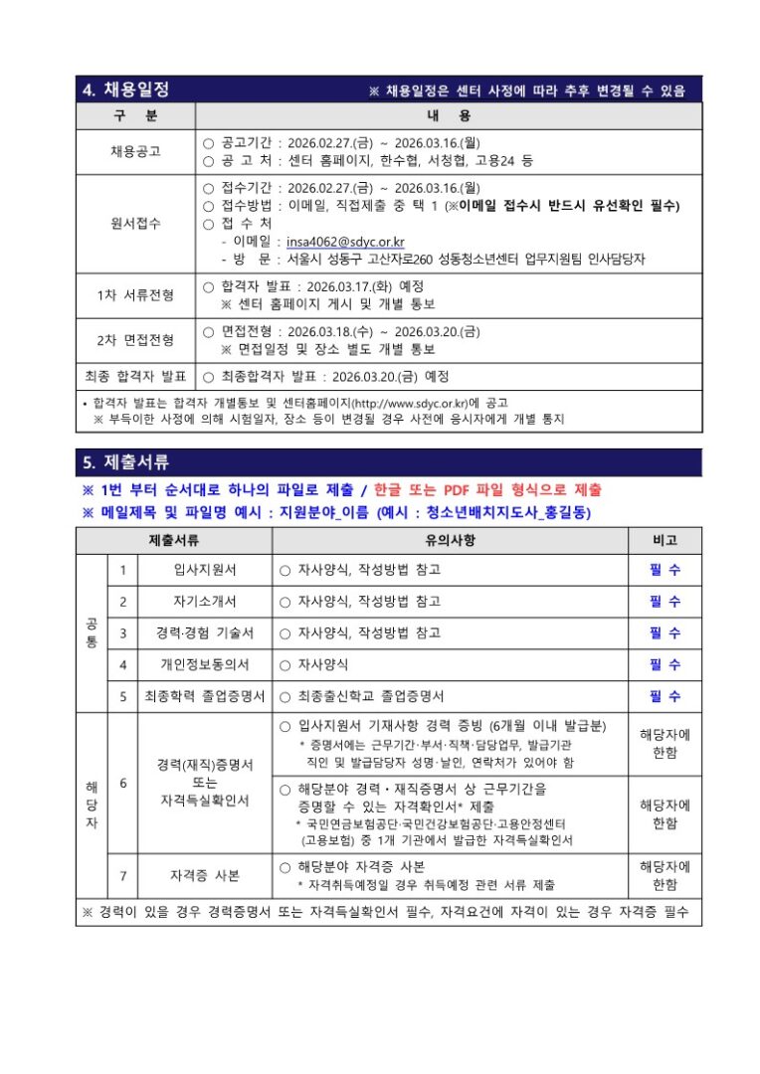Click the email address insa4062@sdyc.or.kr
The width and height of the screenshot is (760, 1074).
345,241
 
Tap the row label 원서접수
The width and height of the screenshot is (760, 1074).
135,223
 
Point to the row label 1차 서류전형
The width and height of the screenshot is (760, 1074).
135,295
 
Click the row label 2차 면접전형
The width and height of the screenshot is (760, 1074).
135,340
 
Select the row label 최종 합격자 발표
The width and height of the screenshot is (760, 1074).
135,377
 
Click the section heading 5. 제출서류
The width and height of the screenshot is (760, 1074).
125,462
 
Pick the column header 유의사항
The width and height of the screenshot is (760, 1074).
450,540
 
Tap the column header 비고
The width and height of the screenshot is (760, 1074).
665,540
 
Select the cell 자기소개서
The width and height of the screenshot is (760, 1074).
205,602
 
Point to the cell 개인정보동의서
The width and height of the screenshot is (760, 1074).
205,664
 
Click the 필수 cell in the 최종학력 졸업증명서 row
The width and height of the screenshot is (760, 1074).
665,696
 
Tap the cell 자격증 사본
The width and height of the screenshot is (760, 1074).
205,876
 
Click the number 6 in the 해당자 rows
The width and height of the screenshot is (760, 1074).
122,783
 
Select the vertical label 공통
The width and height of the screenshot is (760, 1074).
92,632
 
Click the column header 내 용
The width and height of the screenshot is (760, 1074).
448,116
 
